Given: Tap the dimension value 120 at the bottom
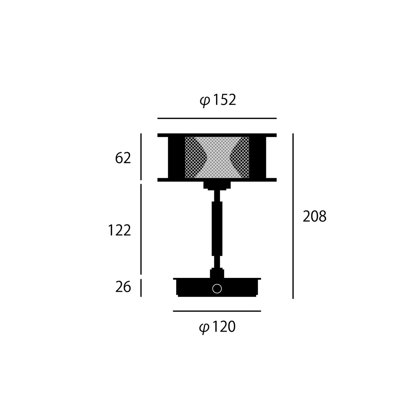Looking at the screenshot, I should [x=224, y=327].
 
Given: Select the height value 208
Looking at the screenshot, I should [x=314, y=216].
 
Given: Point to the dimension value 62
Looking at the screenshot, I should [x=123, y=158].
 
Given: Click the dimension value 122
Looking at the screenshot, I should [x=119, y=230].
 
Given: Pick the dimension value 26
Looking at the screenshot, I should [x=123, y=287].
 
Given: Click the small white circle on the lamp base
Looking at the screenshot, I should [x=217, y=289].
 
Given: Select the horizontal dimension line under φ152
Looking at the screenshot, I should [x=217, y=118].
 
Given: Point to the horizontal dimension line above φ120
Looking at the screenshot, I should [x=217, y=311].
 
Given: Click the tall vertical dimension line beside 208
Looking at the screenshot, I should [x=293, y=216].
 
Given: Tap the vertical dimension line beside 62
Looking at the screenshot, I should [x=141, y=156].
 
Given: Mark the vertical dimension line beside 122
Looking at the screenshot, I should [x=141, y=229].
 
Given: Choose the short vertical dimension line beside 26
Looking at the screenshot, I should [x=141, y=288].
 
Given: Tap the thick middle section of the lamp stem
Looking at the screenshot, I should [x=217, y=228].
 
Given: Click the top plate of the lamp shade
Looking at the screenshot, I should [x=217, y=135].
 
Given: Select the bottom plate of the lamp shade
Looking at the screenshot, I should [x=217, y=180].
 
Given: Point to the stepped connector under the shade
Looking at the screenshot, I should [x=217, y=185].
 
